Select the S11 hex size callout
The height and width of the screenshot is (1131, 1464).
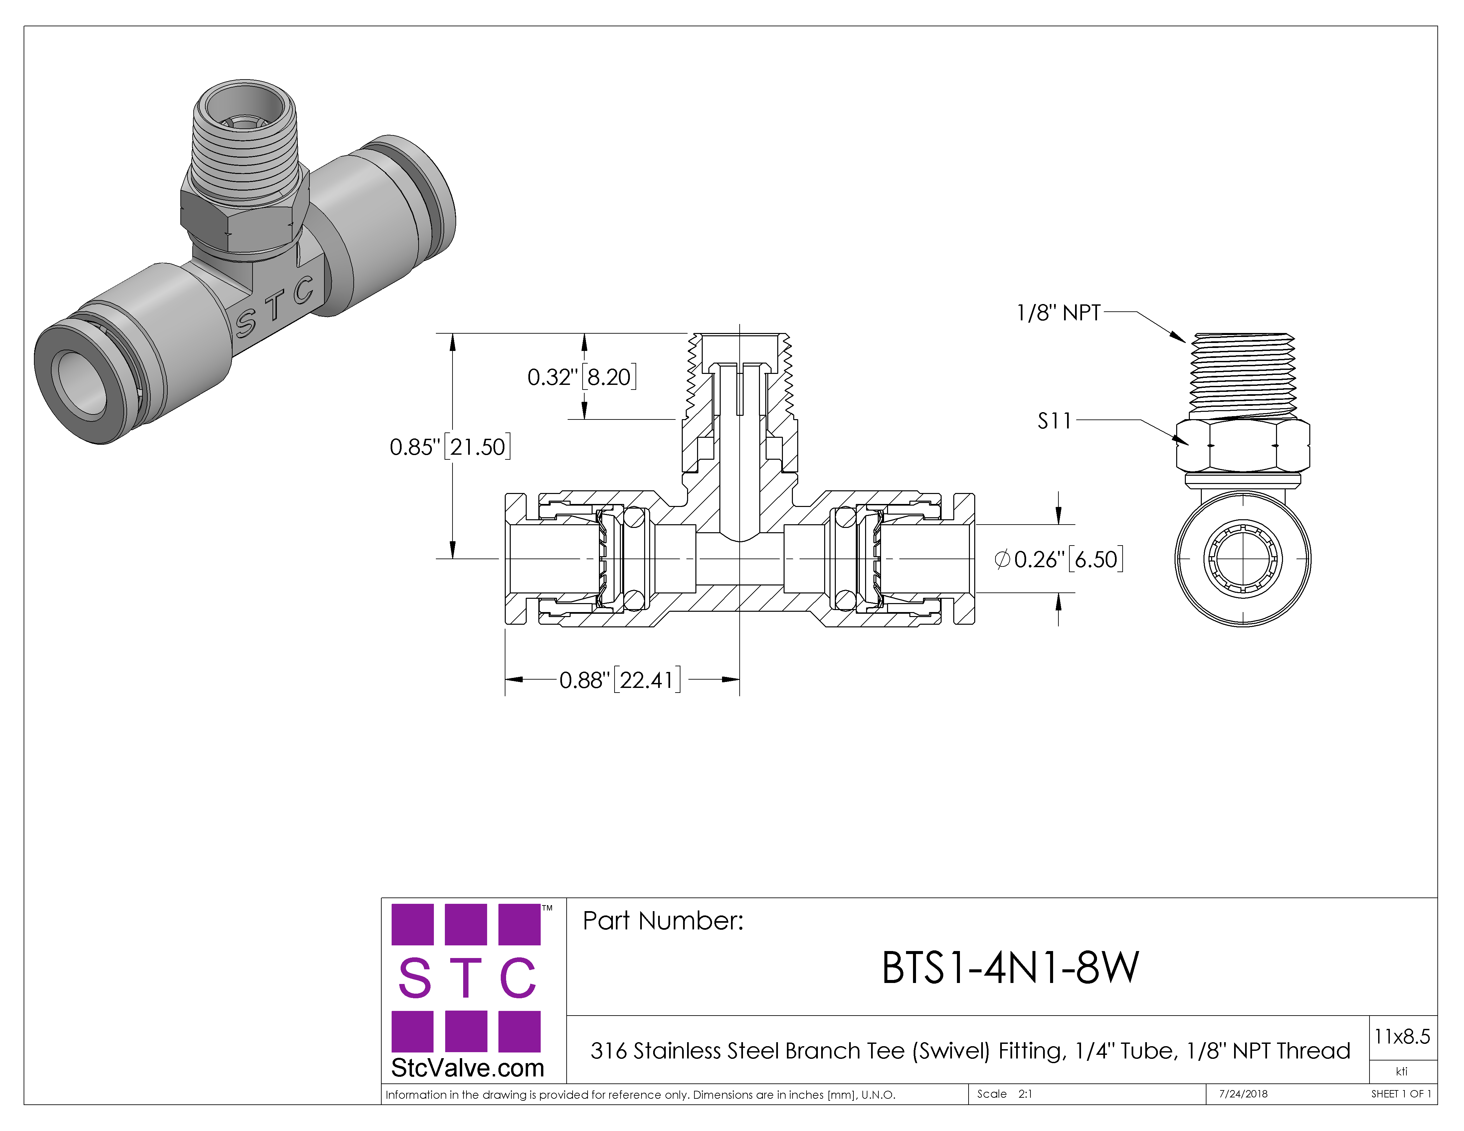(x=1054, y=421)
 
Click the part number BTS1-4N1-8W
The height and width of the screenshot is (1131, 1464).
(x=1009, y=968)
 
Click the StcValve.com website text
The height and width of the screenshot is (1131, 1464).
(x=467, y=1068)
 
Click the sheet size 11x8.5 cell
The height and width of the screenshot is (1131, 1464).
(x=1402, y=1037)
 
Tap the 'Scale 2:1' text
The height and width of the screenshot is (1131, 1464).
(x=1004, y=1094)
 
